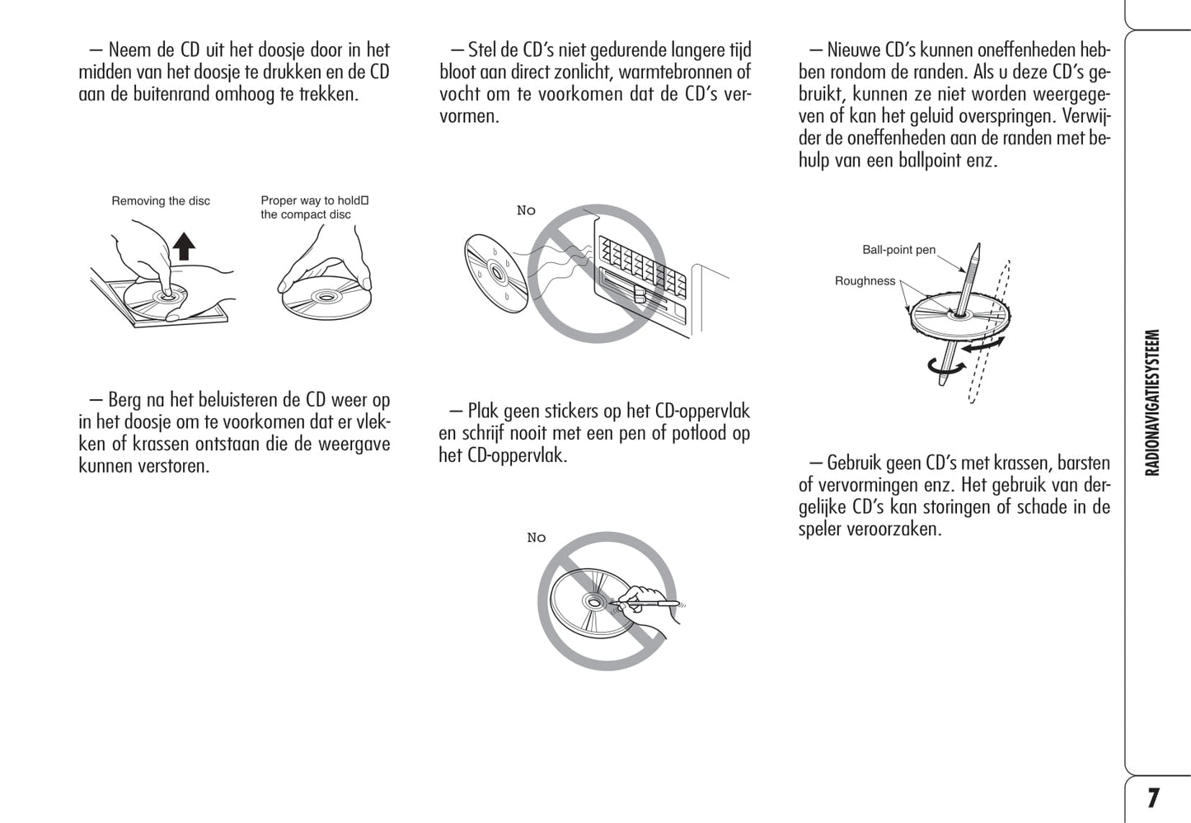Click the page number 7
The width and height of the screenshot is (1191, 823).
click(1153, 798)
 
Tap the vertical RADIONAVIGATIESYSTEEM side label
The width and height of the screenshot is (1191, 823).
click(1152, 402)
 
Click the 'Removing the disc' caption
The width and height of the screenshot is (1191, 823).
click(161, 201)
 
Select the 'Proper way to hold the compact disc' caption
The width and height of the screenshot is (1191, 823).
click(314, 208)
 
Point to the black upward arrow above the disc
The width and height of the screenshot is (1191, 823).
click(184, 246)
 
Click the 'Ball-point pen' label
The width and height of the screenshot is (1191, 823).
click(898, 250)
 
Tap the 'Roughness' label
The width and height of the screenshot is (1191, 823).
click(865, 281)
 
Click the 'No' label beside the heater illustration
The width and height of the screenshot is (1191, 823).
click(526, 210)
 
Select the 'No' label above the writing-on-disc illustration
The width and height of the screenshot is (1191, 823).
click(536, 538)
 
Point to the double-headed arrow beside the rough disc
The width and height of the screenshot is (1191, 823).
click(983, 344)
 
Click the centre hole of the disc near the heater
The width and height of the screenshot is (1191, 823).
click(497, 274)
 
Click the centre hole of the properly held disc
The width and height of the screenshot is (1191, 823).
click(325, 296)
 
